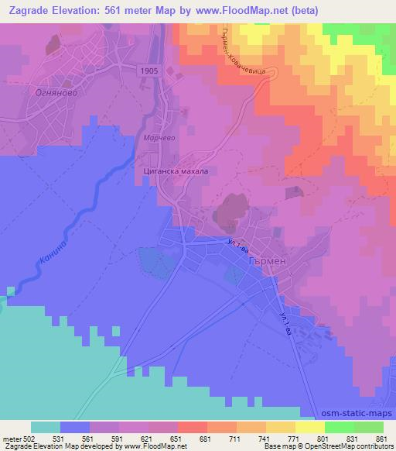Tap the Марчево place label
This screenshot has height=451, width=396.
(x=159, y=138)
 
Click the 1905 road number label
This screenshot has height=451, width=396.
(x=151, y=71)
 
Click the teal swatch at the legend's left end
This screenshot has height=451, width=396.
(x=45, y=427)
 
